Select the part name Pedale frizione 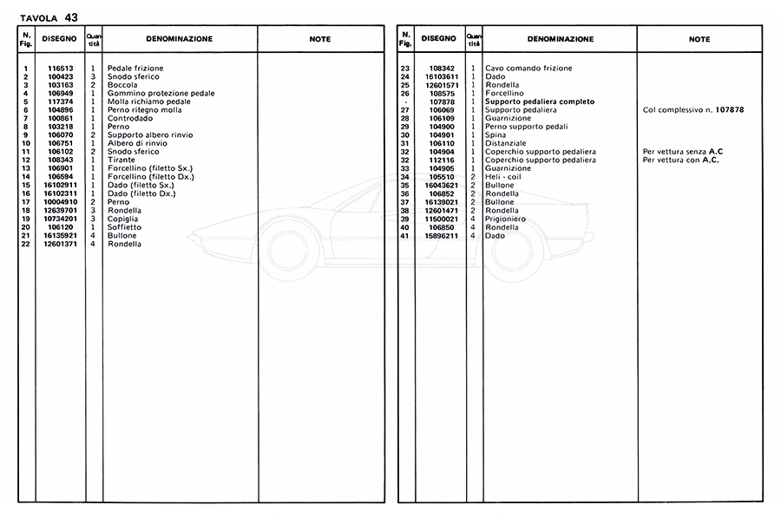[135, 69]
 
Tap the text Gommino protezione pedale [161, 94]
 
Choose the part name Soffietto [126, 227]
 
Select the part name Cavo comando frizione [528, 69]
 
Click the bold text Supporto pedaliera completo [540, 102]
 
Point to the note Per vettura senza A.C [684, 152]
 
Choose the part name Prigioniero [507, 219]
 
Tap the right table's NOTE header [699, 39]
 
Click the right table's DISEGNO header [438, 39]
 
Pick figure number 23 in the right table [404, 69]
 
